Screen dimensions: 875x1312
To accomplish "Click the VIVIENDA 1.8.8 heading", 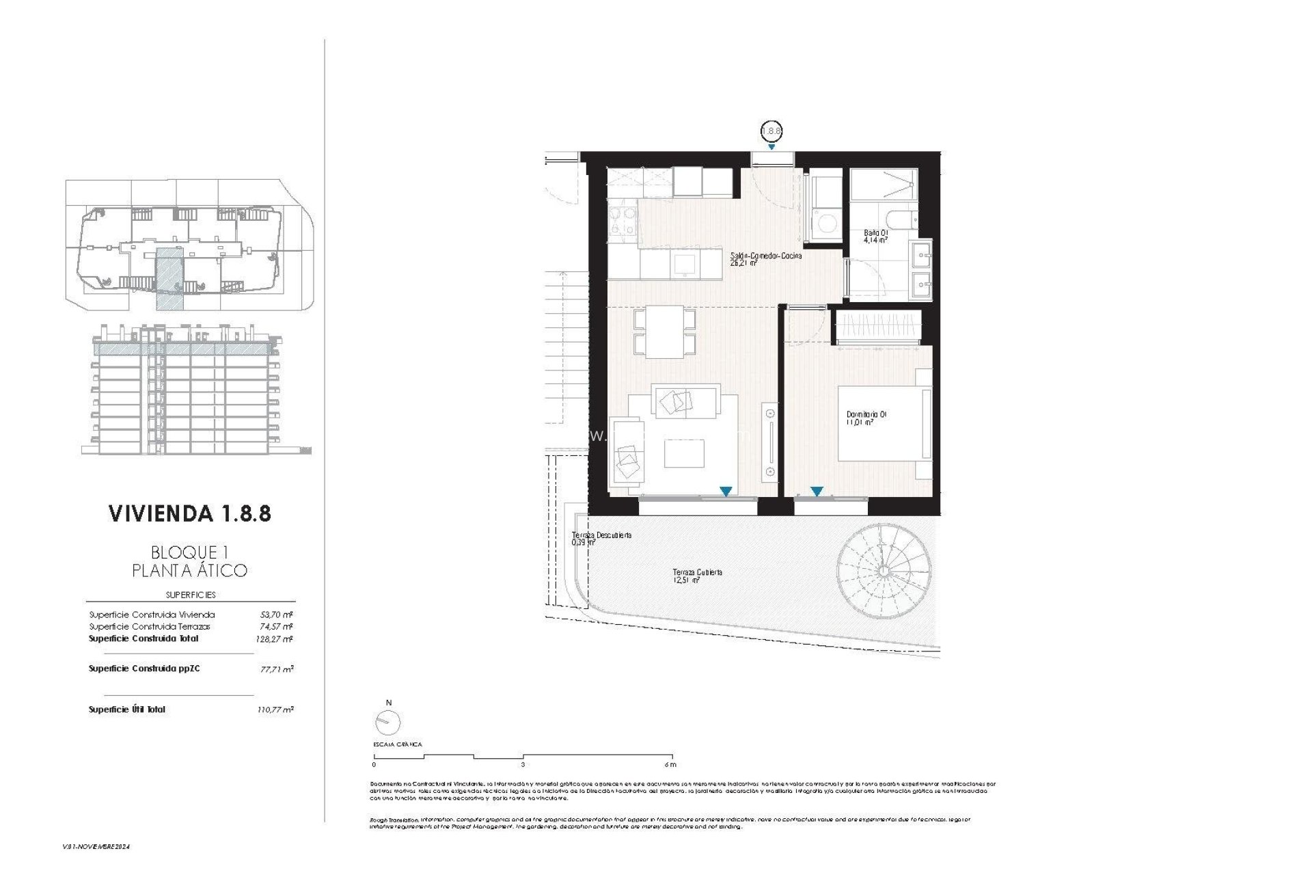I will click(x=190, y=513).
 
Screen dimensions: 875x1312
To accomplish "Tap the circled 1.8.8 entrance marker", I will click(x=771, y=131).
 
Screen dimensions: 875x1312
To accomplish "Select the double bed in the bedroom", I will click(x=884, y=425).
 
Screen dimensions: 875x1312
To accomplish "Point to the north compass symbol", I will click(x=389, y=721).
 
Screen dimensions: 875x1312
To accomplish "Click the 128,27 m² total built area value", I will click(x=275, y=639).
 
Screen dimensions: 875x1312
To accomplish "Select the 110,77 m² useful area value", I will click(x=275, y=710).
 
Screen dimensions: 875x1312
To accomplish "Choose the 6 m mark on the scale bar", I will click(x=671, y=764).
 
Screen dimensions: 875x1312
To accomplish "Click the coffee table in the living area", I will click(x=684, y=453).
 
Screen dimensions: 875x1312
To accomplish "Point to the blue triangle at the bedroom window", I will click(x=817, y=492).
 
